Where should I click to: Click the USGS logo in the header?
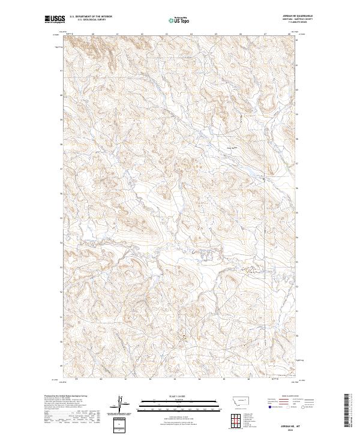click(x=55, y=20)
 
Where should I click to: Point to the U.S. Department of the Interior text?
click(x=91, y=17)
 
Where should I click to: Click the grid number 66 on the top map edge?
click(x=240, y=34)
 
